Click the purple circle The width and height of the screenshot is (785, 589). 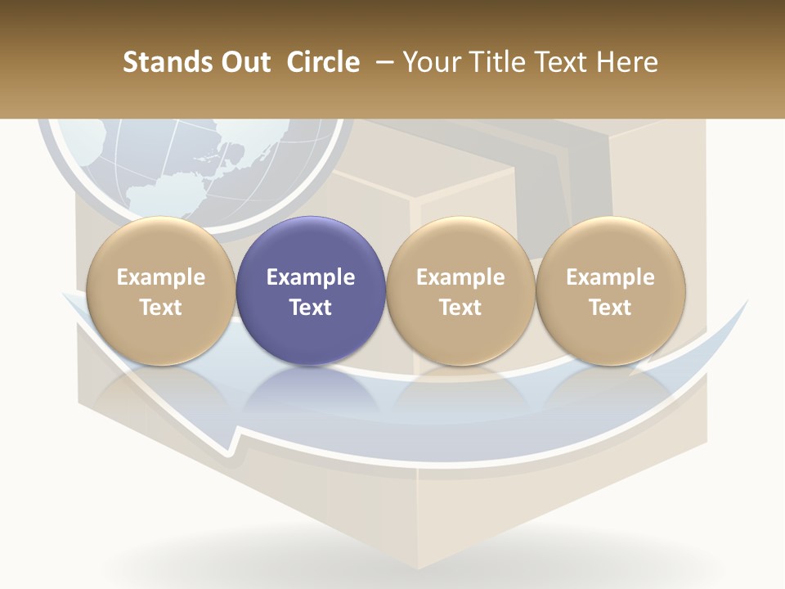coord(311,290)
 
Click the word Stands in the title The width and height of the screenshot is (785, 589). coord(159,62)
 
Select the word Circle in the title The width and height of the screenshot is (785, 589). coord(323,62)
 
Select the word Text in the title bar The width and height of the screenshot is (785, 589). coord(563,62)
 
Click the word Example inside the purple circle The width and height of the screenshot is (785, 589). coord(311,277)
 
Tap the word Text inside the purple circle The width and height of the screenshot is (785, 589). coord(311,308)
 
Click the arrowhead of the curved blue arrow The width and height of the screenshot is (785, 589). coord(233,438)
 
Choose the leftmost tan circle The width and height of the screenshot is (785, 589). coord(160,290)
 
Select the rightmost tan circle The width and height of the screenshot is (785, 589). coord(610,290)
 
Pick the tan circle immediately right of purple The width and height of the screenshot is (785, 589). coord(460,290)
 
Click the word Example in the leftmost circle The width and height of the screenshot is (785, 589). coord(160,277)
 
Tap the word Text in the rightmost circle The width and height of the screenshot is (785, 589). coord(610,308)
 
